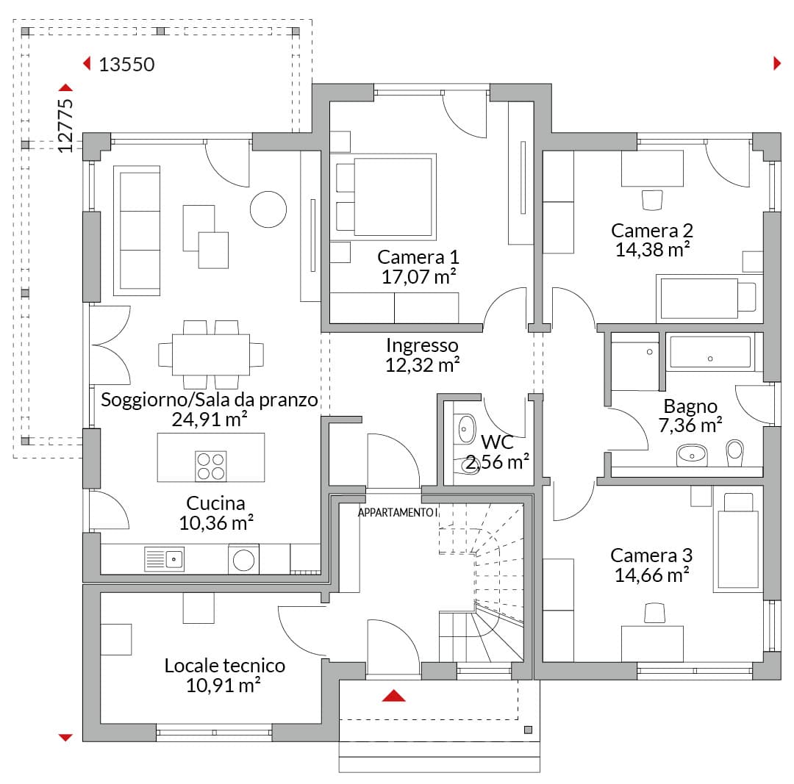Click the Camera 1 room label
(418, 257)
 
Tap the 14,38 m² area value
(652, 250)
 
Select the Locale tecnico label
(225, 666)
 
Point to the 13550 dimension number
(126, 65)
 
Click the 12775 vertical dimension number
(65, 126)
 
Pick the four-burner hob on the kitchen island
(211, 466)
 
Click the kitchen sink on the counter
(165, 559)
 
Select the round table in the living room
(268, 209)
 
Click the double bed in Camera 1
(383, 197)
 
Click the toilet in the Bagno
(734, 453)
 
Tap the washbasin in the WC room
(466, 429)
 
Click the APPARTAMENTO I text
(398, 513)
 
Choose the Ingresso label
(422, 345)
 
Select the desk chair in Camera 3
(654, 613)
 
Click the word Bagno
(690, 406)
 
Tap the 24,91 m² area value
(210, 419)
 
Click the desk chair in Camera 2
(652, 200)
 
